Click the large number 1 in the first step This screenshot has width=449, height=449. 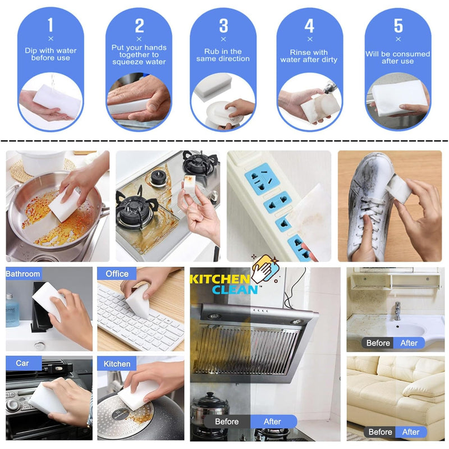coord(51,25)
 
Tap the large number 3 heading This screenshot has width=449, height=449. coord(223,26)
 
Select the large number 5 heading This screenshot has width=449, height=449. coord(398,26)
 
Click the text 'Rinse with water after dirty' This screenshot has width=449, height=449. coord(309,56)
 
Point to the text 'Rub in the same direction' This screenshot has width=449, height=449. coord(223,55)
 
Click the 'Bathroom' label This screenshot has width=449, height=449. coord(23,274)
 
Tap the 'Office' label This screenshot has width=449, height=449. coord(117,274)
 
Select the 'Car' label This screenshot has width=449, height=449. coord(22,363)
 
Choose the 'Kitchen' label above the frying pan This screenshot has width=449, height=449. coord(117,364)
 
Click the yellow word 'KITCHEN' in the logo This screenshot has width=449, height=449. coord(220,279)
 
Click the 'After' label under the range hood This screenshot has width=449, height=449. coord(272,421)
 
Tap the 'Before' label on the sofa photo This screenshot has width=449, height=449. coord(380,432)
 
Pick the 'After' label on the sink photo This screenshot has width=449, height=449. coord(409,343)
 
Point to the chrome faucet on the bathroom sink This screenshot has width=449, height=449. coord(397,310)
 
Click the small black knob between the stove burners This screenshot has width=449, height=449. coord(157,178)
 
